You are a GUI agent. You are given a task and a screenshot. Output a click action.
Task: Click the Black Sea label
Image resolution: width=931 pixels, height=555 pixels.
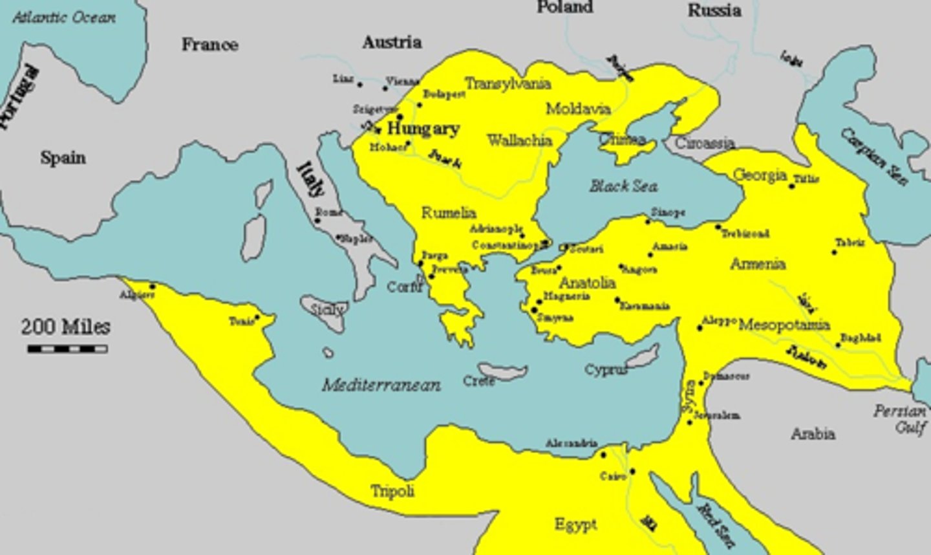[x=623, y=186]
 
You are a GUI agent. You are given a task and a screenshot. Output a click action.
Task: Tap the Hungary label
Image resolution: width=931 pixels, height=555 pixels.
[x=423, y=129]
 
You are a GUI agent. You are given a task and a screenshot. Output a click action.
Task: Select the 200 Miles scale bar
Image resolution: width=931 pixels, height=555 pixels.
[x=67, y=349]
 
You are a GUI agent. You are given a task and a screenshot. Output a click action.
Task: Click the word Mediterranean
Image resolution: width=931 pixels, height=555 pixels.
[x=381, y=386]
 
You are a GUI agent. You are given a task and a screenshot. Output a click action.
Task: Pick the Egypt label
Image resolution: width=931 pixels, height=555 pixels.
[x=575, y=524]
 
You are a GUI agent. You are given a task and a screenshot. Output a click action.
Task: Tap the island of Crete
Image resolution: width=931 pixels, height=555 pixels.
[x=503, y=371]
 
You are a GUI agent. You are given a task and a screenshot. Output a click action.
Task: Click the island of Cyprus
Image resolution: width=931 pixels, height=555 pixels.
[x=643, y=356]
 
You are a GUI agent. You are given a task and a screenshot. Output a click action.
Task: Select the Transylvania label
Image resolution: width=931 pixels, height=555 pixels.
[x=508, y=83]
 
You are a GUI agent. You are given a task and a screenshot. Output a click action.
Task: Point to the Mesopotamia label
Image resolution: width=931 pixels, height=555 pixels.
[x=784, y=324]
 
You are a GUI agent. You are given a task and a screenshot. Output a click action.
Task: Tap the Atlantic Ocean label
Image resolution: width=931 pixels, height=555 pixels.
[x=64, y=17]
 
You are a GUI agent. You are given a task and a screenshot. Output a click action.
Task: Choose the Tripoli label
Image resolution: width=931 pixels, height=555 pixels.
[x=392, y=491]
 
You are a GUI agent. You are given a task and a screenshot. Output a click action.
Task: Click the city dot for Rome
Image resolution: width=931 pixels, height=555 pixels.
[x=317, y=221]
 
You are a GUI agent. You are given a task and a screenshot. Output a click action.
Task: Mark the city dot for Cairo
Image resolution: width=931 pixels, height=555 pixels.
[x=632, y=472]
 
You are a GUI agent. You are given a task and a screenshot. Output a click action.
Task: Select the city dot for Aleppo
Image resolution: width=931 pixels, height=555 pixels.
[x=700, y=328]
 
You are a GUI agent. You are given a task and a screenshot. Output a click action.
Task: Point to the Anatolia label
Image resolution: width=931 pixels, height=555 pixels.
[x=587, y=283]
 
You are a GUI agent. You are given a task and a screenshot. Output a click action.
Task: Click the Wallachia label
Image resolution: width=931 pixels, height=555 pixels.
[x=519, y=140]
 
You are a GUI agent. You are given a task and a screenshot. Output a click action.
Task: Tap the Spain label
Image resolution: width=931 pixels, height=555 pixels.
[x=63, y=157]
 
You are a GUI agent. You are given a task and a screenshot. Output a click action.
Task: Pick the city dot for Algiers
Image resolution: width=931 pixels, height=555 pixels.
[x=153, y=287]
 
